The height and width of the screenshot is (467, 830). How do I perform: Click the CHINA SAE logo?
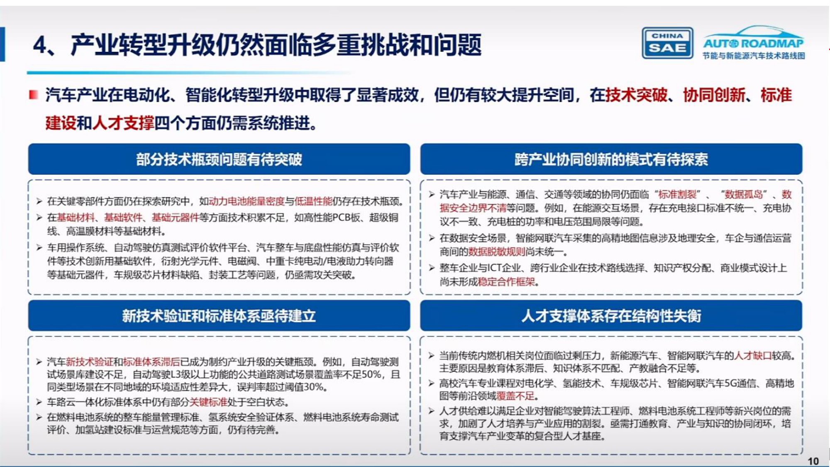pyautogui.click(x=667, y=43)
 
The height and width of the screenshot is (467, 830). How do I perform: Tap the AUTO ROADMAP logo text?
pyautogui.click(x=753, y=43)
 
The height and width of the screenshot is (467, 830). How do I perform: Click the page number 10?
pyautogui.click(x=813, y=461)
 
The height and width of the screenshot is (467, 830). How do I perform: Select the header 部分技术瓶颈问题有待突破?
pyautogui.click(x=219, y=159)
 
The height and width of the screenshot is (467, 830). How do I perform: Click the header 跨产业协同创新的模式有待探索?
pyautogui.click(x=611, y=159)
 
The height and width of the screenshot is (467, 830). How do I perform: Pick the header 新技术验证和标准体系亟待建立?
pyautogui.click(x=219, y=316)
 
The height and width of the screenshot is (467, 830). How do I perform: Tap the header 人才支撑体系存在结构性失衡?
pyautogui.click(x=611, y=316)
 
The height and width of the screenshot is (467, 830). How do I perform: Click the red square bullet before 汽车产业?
pyautogui.click(x=34, y=95)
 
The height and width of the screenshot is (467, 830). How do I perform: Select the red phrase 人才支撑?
pyautogui.click(x=123, y=123)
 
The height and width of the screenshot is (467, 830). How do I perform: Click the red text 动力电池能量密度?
pyautogui.click(x=247, y=201)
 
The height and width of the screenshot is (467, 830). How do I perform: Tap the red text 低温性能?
pyautogui.click(x=313, y=201)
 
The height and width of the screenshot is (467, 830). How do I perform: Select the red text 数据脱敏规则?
pyautogui.click(x=496, y=252)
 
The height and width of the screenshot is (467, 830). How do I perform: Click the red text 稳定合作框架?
pyautogui.click(x=506, y=282)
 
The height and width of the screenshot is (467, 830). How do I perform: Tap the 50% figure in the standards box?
pyautogui.click(x=371, y=374)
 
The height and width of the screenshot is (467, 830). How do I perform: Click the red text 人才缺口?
pyautogui.click(x=753, y=356)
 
